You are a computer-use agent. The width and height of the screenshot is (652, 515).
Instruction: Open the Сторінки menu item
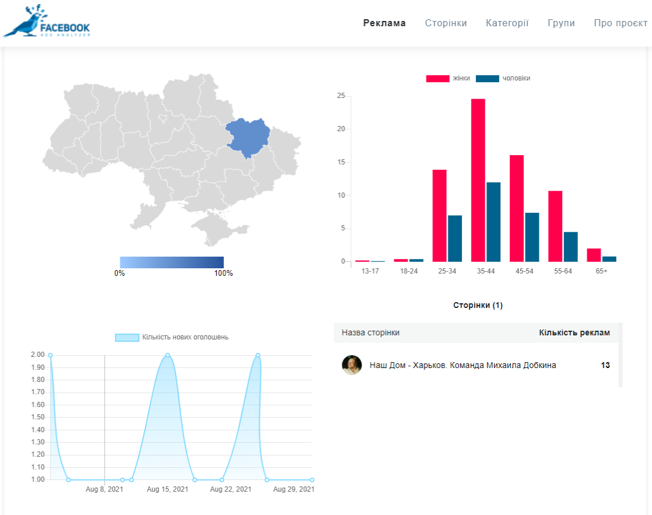pyautogui.click(x=446, y=23)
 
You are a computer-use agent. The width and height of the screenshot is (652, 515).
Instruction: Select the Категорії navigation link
pyautogui.click(x=507, y=23)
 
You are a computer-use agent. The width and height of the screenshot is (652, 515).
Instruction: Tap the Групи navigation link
pyautogui.click(x=561, y=23)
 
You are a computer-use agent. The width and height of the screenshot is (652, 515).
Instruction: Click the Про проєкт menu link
pyautogui.click(x=621, y=23)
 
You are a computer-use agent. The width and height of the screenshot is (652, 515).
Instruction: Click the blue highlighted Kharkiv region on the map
pyautogui.click(x=248, y=137)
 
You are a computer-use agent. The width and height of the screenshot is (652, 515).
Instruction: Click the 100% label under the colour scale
pyautogui.click(x=223, y=274)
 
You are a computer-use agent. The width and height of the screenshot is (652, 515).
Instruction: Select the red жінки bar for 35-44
pyautogui.click(x=478, y=180)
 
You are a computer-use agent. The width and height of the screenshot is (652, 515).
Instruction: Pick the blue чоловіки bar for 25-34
pyautogui.click(x=455, y=239)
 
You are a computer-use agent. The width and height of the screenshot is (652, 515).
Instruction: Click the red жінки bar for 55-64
pyautogui.click(x=555, y=226)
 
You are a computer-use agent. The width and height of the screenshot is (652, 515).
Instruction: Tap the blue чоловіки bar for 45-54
pyautogui.click(x=532, y=237)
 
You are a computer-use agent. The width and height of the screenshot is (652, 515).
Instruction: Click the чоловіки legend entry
pyautogui.click(x=503, y=78)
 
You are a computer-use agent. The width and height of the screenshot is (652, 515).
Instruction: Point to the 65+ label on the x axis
pyautogui.click(x=601, y=271)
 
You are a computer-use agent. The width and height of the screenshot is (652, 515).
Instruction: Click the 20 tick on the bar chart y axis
pyautogui.click(x=341, y=129)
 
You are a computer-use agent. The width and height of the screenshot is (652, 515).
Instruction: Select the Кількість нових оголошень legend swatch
pyautogui.click(x=127, y=337)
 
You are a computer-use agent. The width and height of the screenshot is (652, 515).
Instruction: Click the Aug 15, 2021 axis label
pyautogui.click(x=167, y=489)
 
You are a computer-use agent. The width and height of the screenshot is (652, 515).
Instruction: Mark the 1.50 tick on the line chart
pyautogui.click(x=37, y=417)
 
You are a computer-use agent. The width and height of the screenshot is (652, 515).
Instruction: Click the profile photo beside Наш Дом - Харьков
pyautogui.click(x=352, y=365)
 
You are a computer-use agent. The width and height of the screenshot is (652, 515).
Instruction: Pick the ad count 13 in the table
pyautogui.click(x=605, y=365)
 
